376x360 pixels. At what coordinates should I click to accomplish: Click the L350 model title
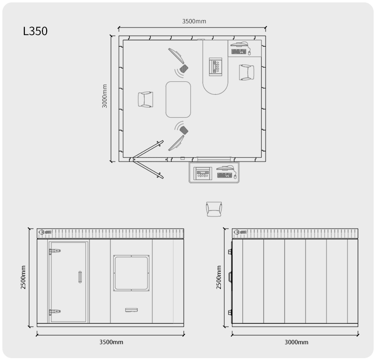pos(35,31)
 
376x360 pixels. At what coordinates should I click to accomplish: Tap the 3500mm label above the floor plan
pos(194,21)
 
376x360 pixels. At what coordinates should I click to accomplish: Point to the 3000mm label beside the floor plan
pos(105,96)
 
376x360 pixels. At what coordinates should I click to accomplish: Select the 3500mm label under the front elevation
pos(111,342)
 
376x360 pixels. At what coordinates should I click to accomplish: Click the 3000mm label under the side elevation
pos(297,342)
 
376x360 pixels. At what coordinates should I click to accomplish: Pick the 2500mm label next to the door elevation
pos(23,277)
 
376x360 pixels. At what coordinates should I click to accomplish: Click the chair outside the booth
pos(214,209)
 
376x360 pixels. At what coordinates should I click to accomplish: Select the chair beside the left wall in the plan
pos(146,100)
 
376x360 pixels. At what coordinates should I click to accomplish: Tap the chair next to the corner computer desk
pos(247,72)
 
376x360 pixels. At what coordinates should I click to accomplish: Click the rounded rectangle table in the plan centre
pos(178,100)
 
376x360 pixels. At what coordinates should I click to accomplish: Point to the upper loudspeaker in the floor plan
pos(184,69)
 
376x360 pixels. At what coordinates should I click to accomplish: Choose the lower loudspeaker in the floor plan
pos(184,130)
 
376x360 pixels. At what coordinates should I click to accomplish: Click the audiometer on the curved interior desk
pos(215,67)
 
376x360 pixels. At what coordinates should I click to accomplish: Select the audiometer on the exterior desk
pos(203,173)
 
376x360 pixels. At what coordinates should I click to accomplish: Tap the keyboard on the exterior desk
pos(225,175)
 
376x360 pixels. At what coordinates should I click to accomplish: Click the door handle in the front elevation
pos(80,277)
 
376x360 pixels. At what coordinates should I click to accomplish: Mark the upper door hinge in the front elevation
pos(55,251)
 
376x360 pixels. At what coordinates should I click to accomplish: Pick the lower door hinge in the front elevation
pos(55,312)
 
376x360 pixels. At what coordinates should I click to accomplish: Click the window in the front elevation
pos(131,273)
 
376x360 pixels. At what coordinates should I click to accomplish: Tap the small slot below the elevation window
pos(131,310)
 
